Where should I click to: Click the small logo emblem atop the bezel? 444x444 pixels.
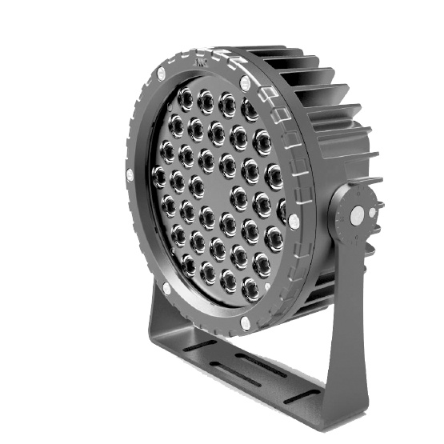pos(198,58)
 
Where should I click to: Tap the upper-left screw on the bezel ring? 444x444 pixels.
pos(161,74)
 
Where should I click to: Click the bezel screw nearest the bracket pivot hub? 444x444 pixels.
pos(294,221)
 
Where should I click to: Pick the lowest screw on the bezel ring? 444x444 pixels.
pos(244,324)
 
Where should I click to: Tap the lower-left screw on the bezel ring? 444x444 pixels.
pos(166,288)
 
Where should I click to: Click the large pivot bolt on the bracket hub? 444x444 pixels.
pos(356,216)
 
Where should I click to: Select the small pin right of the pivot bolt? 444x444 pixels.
pos(370,214)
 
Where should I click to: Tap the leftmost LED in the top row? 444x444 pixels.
pos(185,98)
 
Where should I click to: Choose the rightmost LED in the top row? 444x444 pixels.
pos(250,108)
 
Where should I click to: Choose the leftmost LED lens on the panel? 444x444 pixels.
pos(160,175)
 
